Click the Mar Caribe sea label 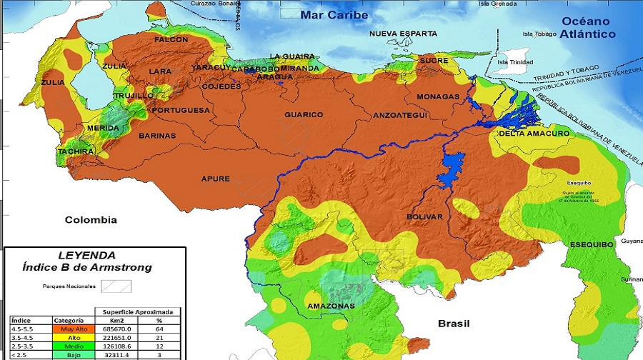pyautogui.click(x=334, y=15)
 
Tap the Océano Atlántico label pyautogui.click(x=587, y=28)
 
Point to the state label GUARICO pyautogui.click(x=304, y=114)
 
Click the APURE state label pyautogui.click(x=216, y=179)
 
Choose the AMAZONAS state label pyautogui.click(x=331, y=306)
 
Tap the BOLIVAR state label pyautogui.click(x=424, y=216)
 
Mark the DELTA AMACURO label pyautogui.click(x=534, y=134)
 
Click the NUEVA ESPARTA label pyautogui.click(x=402, y=34)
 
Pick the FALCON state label pyautogui.click(x=171, y=40)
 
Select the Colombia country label pyautogui.click(x=91, y=219)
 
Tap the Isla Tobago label pyautogui.click(x=539, y=33)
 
